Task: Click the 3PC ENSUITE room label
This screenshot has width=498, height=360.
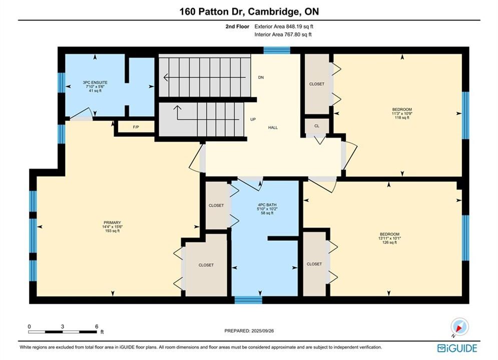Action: (95, 82)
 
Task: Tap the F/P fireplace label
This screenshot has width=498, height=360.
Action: (136, 127)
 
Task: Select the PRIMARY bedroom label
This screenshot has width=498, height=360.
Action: (112, 222)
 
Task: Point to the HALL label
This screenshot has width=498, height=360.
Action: (273, 127)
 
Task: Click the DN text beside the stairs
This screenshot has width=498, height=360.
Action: (261, 77)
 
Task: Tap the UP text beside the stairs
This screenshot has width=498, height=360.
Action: (253, 119)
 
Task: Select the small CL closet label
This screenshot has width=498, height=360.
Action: (317, 126)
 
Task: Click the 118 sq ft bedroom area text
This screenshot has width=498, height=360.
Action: (402, 117)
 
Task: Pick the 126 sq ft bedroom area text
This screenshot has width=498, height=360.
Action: (389, 242)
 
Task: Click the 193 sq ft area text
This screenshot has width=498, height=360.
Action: (112, 231)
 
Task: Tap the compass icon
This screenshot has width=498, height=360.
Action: (459, 326)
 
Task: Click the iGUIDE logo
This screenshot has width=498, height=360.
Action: (457, 348)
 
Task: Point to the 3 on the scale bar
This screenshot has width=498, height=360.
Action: (63, 326)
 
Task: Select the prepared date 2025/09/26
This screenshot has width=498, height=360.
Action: (262, 331)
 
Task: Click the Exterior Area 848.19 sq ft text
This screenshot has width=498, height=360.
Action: (284, 26)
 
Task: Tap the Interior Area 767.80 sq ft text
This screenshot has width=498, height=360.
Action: (283, 34)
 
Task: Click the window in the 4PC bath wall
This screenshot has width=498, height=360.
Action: (248, 299)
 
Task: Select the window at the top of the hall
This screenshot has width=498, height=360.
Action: (277, 50)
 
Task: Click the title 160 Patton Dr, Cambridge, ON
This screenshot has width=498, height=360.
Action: (249, 11)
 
